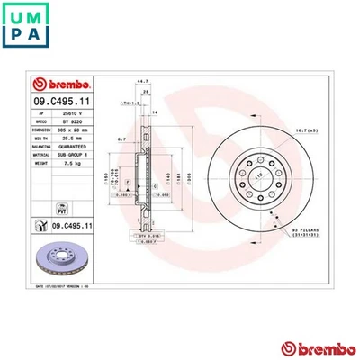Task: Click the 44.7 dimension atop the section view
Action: click(142, 81)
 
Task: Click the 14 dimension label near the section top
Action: click(155, 112)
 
